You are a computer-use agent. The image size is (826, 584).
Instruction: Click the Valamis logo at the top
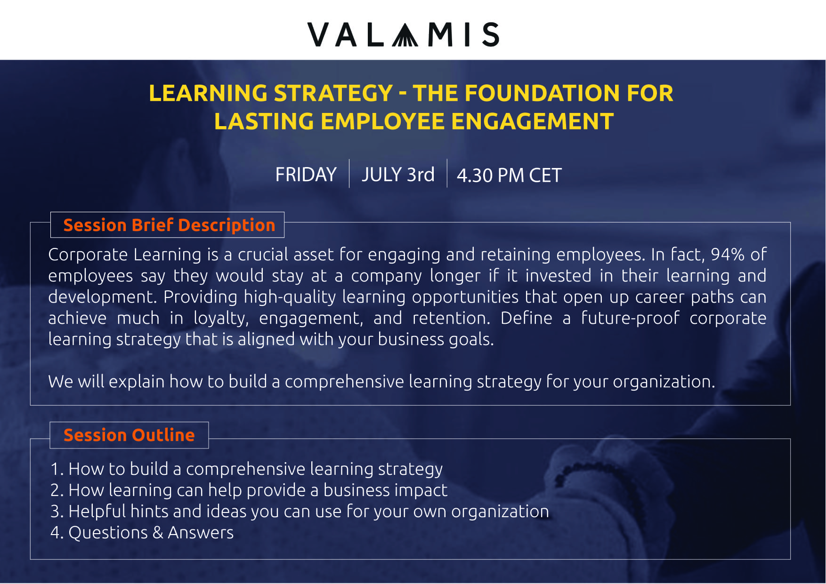pyautogui.click(x=404, y=34)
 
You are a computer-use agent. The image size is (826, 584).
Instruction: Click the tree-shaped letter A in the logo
pyautogui.click(x=405, y=35)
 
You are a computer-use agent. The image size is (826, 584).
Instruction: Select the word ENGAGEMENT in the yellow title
pyautogui.click(x=532, y=121)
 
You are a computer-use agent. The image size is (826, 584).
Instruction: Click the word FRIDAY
pyautogui.click(x=306, y=175)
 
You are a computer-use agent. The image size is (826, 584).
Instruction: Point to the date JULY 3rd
pyautogui.click(x=398, y=175)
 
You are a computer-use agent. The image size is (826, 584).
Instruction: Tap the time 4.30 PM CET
pyautogui.click(x=509, y=175)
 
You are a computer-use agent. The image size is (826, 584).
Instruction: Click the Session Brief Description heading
pyautogui.click(x=169, y=225)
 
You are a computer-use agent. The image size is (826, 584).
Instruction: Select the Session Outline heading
pyautogui.click(x=129, y=435)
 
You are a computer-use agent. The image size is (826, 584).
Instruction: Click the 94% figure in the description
pyautogui.click(x=728, y=254)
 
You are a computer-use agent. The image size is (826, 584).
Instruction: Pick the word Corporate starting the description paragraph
pyautogui.click(x=88, y=254)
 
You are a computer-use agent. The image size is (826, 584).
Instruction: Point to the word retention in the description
pyautogui.click(x=451, y=318)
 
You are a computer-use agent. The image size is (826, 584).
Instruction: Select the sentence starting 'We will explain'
pyautogui.click(x=381, y=381)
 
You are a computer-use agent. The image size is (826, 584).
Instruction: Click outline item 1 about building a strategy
pyautogui.click(x=246, y=469)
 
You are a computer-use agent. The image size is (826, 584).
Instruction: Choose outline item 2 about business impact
pyautogui.click(x=249, y=490)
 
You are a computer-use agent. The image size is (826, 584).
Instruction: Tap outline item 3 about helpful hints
pyautogui.click(x=300, y=511)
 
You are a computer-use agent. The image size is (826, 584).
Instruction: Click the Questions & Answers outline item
pyautogui.click(x=142, y=532)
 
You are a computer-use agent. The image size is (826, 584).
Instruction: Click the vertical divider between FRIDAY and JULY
pyautogui.click(x=349, y=173)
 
